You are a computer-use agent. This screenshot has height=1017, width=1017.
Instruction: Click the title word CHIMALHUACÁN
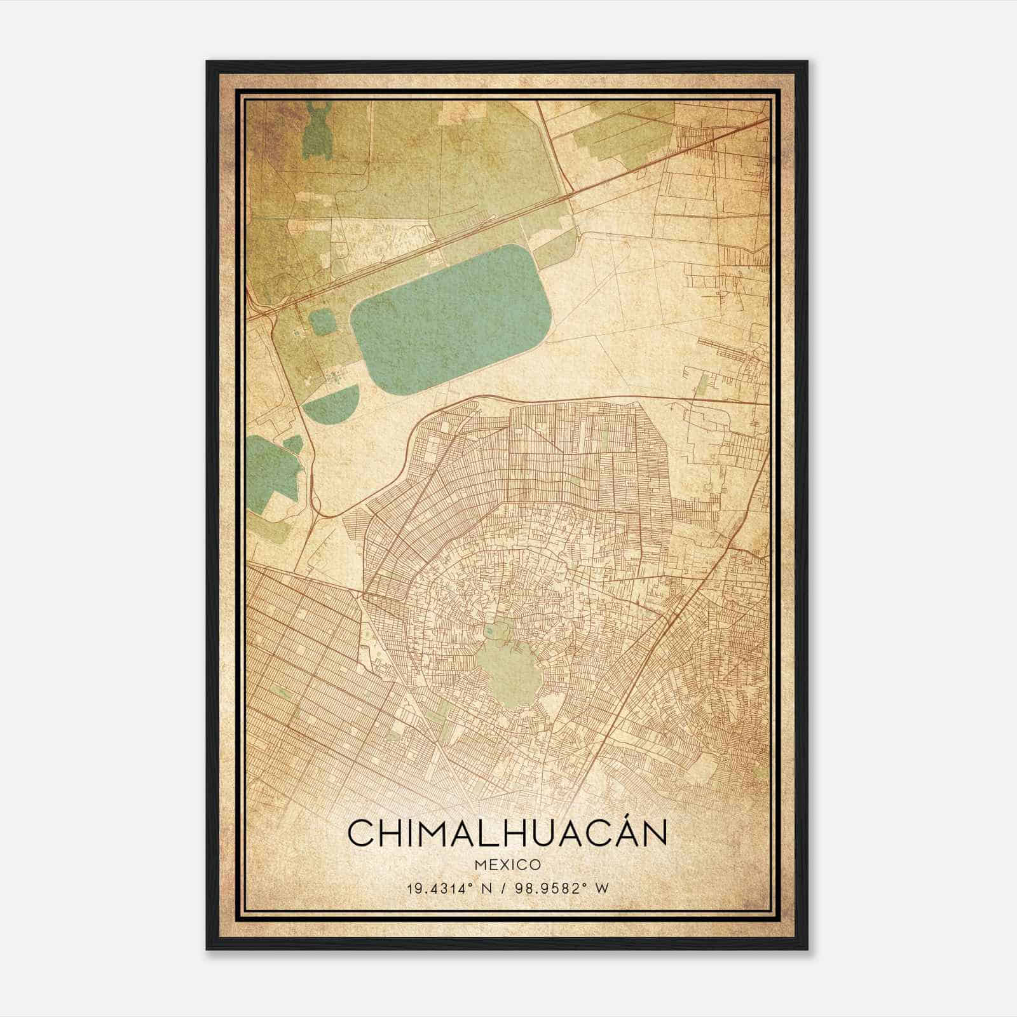click(x=507, y=833)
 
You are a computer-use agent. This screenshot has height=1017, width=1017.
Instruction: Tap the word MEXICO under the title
click(x=507, y=865)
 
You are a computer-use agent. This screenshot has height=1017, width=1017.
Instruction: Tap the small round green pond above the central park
click(x=491, y=631)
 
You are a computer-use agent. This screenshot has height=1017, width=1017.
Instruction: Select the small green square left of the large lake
click(x=322, y=322)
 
